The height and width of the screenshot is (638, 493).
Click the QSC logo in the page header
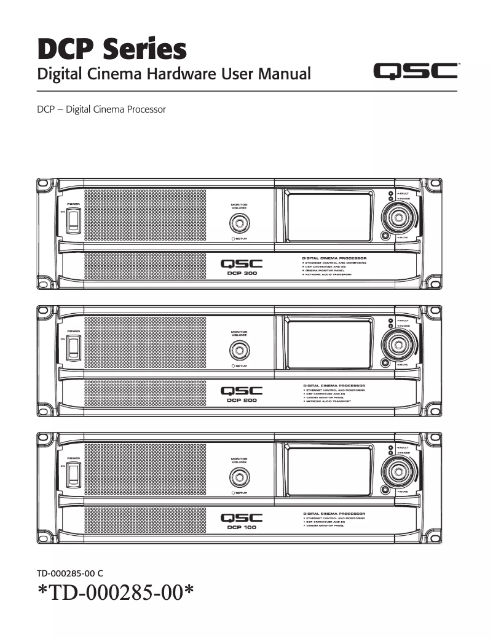416,73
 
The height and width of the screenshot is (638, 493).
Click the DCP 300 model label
241,273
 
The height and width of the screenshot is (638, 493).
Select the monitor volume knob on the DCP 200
239,349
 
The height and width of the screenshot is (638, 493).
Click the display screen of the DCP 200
329,343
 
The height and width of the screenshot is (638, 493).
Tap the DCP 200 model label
241,400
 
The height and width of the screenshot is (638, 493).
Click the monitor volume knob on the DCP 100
239,477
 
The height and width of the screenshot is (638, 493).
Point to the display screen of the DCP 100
329,470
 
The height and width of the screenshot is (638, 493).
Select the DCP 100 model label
241,527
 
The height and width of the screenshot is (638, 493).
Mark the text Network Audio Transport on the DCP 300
328,274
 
